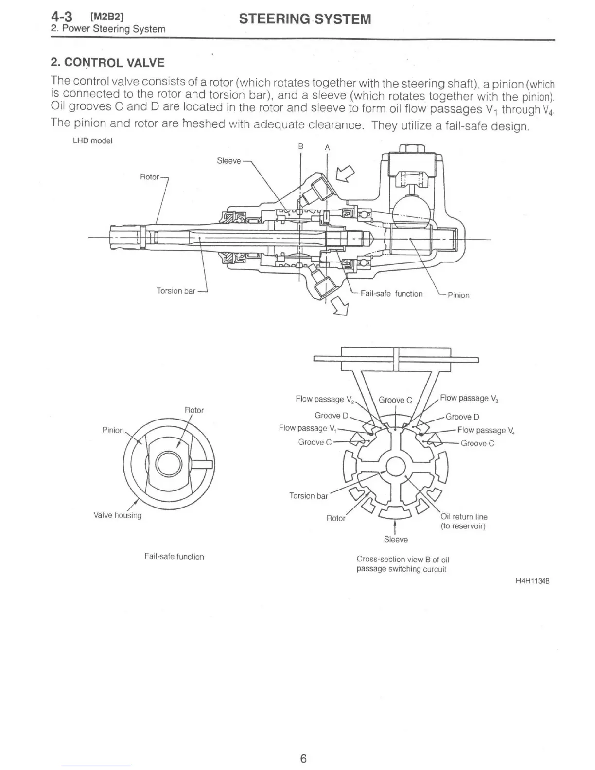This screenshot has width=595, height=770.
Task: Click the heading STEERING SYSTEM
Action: (x=305, y=19)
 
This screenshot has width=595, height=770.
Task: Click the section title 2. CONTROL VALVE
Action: (x=107, y=63)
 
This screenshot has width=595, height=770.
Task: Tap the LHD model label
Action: (x=92, y=141)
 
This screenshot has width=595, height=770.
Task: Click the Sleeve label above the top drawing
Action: (x=228, y=161)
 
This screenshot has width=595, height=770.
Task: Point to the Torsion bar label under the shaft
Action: (x=176, y=291)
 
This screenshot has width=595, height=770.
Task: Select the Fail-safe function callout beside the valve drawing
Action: (x=391, y=294)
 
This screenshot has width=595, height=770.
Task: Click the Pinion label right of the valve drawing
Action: (x=458, y=295)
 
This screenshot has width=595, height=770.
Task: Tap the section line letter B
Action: (x=301, y=146)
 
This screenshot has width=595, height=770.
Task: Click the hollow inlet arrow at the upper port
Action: (x=346, y=172)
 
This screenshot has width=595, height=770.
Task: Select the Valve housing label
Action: (x=117, y=515)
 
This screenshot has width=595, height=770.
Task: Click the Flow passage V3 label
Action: (x=469, y=399)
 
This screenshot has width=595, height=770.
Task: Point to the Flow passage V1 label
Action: (x=308, y=428)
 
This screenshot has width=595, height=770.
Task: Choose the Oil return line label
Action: (x=464, y=517)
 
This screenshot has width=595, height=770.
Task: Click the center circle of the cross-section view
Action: (x=396, y=467)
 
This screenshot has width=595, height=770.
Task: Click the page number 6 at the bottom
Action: (x=303, y=758)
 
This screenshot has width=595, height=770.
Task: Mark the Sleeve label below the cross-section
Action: (x=396, y=540)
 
